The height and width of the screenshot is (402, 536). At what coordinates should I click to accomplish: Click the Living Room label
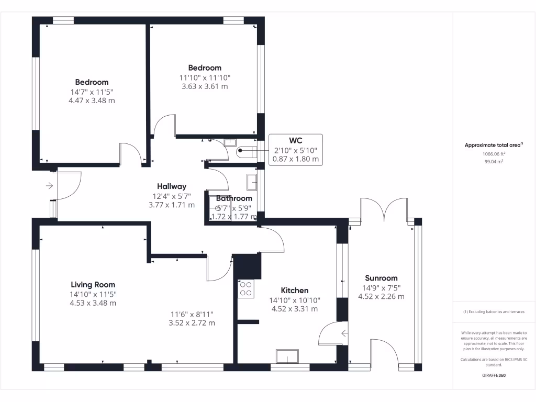point(93,285)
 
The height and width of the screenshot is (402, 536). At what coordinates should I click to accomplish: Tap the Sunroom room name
point(381,278)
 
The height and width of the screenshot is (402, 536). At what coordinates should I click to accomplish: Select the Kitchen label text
point(295,291)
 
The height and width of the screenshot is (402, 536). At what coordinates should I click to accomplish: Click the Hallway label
point(172,186)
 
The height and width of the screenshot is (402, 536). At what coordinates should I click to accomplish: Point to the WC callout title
point(296,140)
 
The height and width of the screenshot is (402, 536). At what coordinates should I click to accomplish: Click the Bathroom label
point(234,198)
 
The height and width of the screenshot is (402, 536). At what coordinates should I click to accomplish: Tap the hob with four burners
point(246,289)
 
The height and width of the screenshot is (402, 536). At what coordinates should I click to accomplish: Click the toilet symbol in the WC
point(246,152)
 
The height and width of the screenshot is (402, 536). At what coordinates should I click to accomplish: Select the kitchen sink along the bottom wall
point(287,356)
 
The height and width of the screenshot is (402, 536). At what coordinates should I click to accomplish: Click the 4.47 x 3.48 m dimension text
point(92,100)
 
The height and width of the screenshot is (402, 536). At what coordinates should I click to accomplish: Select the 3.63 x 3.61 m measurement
point(205,86)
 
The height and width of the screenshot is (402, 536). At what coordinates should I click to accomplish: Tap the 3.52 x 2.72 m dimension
point(192,323)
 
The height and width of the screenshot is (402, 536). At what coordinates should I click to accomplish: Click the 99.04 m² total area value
point(494,162)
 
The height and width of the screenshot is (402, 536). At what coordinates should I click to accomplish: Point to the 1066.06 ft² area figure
point(494,154)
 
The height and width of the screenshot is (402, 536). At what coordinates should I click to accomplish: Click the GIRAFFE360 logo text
point(494,375)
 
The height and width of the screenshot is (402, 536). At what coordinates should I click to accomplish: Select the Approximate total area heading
point(494,146)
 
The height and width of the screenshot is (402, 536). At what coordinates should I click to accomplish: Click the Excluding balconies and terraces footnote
point(494,312)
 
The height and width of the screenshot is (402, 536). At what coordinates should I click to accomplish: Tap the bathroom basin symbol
point(252,182)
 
